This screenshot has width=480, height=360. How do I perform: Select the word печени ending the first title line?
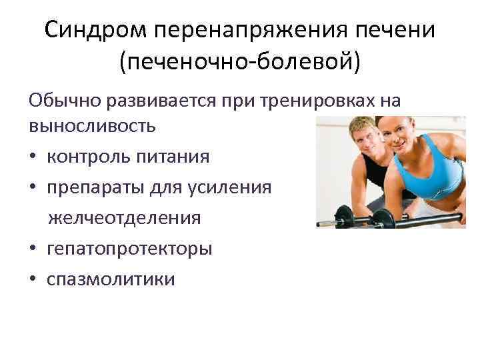[392, 31]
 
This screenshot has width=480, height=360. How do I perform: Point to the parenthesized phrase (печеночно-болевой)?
[240, 63]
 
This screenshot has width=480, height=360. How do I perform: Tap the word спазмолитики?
[111, 279]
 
